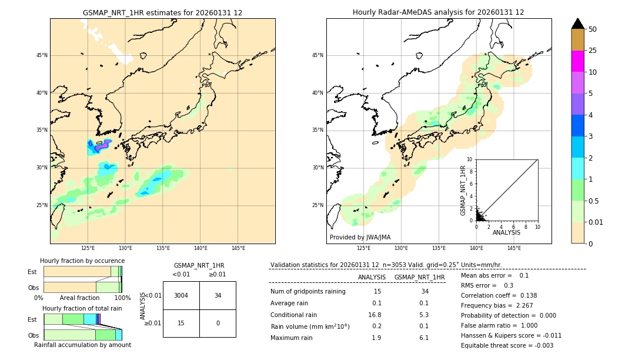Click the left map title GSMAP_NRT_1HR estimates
[162, 12]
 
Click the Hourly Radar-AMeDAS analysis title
[438, 12]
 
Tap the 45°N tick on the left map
[42, 55]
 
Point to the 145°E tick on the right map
[514, 248]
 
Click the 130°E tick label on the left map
[125, 248]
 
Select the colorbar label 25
[593, 51]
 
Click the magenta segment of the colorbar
[577, 61]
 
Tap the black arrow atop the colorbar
[577, 24]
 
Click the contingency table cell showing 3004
[181, 295]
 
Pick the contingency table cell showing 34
[218, 295]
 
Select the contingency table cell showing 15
[181, 323]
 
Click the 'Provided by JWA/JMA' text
[360, 237]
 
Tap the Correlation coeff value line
[499, 295]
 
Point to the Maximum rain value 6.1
[423, 338]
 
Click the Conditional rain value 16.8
[375, 315]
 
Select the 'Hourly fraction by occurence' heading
[82, 261]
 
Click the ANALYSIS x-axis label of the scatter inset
[506, 232]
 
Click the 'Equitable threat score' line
[507, 345]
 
